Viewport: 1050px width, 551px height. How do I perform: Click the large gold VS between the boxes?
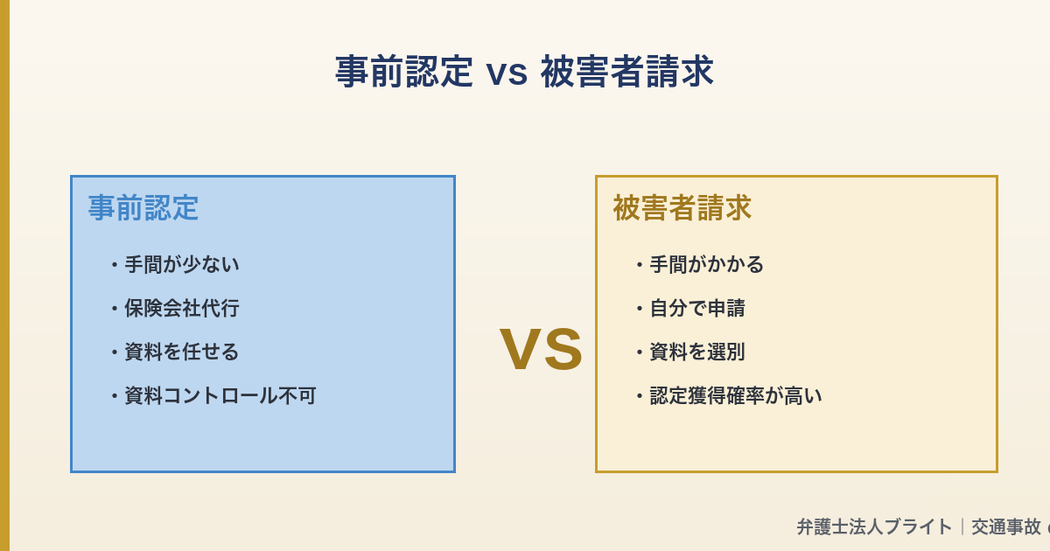click(541, 349)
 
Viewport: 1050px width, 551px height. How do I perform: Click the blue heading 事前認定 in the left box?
click(143, 208)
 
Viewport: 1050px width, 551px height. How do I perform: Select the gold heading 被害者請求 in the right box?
click(682, 208)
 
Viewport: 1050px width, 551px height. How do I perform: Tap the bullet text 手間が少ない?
click(181, 264)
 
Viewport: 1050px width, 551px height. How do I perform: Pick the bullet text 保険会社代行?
click(181, 308)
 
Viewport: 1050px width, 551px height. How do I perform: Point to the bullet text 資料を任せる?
click(181, 352)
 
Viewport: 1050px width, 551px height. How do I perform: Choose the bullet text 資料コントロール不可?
click(220, 395)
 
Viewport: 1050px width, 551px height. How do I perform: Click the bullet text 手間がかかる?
click(706, 264)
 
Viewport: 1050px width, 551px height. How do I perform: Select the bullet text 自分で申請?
click(696, 308)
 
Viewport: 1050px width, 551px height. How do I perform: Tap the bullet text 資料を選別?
click(696, 352)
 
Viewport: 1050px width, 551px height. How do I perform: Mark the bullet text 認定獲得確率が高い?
click(735, 395)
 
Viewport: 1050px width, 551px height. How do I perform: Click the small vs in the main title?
click(507, 73)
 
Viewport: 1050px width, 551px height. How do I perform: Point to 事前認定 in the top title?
click(403, 72)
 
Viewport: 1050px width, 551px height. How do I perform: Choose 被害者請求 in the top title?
click(626, 72)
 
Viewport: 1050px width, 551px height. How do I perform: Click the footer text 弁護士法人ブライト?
click(873, 527)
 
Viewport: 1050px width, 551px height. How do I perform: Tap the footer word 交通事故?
click(1005, 527)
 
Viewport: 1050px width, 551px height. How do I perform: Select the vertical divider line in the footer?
click(962, 527)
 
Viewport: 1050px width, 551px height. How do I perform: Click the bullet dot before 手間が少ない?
click(114, 264)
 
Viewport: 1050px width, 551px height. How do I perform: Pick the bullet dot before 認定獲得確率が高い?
click(639, 395)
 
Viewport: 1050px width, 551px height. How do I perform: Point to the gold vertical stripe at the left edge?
click(4, 275)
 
